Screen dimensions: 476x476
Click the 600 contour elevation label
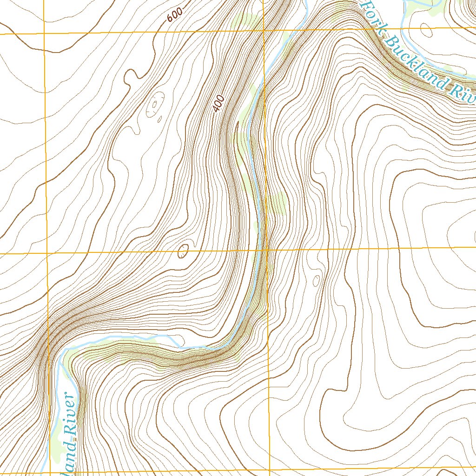pos(175,15)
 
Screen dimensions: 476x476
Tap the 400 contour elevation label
pos(218,104)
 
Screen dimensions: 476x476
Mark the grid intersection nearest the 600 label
pos(263,31)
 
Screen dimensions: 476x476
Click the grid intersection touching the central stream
pos(267,250)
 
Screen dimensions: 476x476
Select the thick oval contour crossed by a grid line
pos(183,251)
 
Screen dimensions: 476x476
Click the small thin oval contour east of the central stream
pos(316,281)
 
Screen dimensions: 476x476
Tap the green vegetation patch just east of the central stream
pos(278,204)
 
